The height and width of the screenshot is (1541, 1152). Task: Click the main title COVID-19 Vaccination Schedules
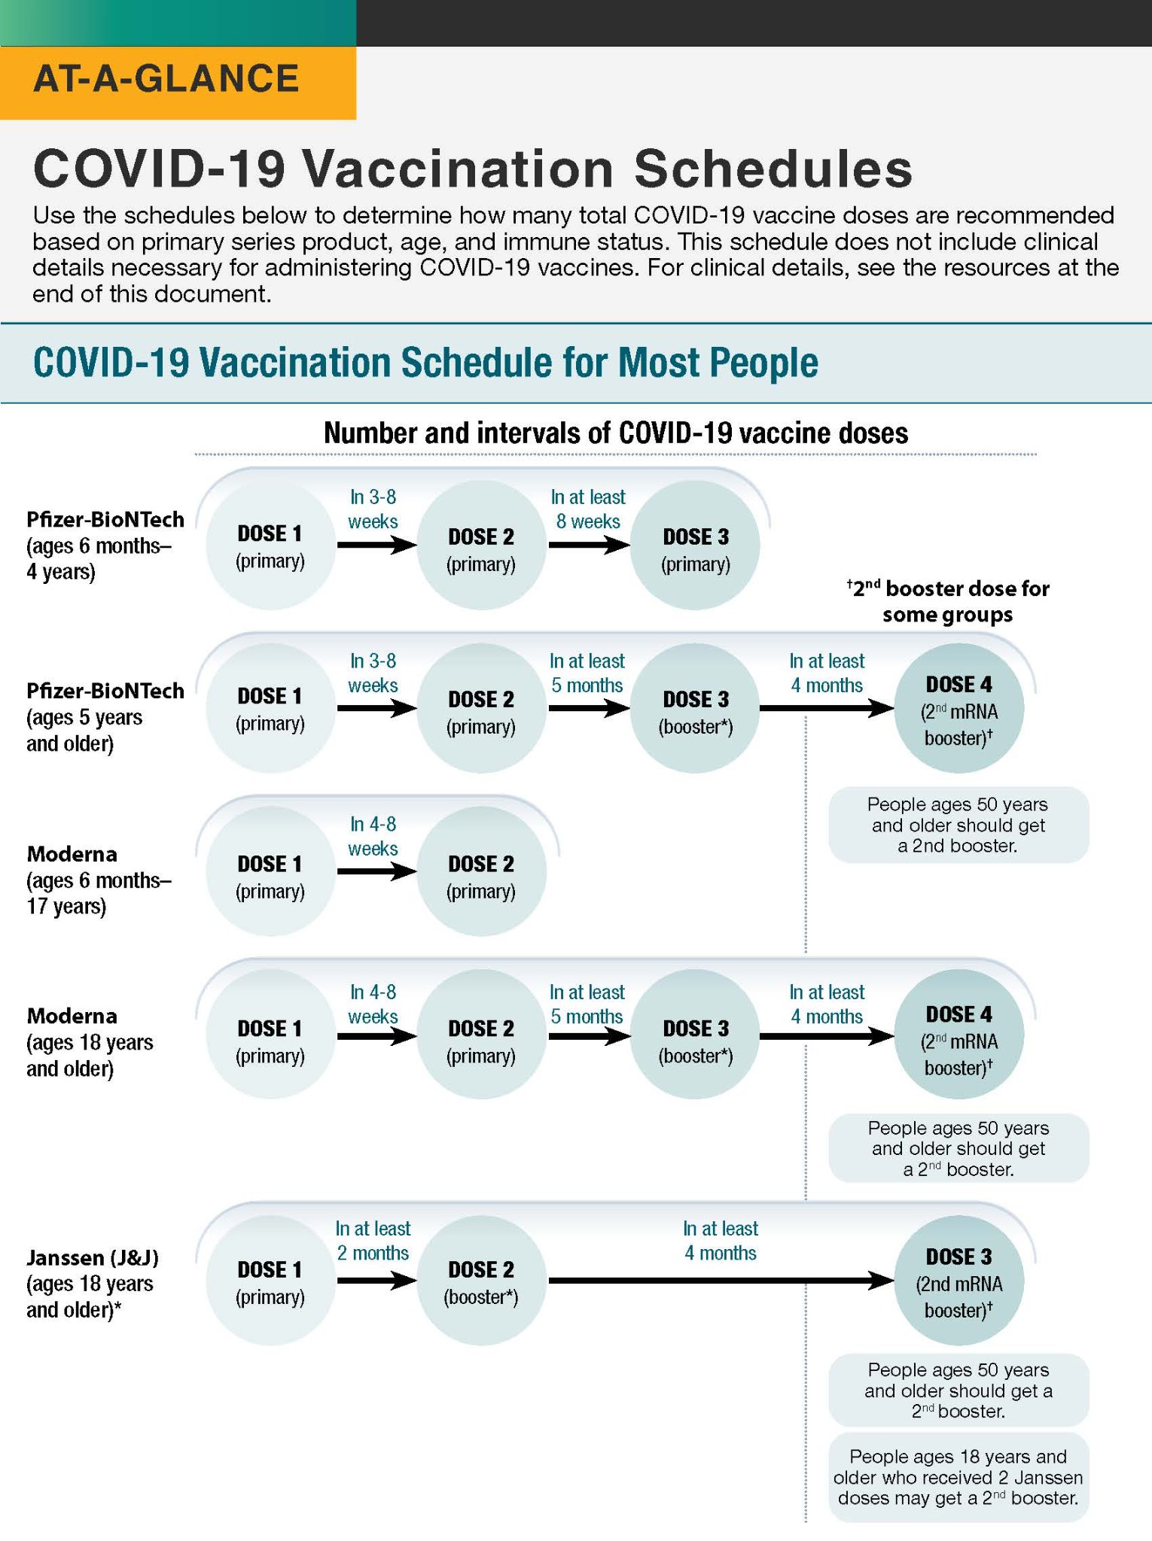tap(473, 169)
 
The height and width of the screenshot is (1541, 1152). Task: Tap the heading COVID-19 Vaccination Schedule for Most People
tap(425, 363)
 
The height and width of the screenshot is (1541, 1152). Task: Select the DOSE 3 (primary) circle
tap(695, 546)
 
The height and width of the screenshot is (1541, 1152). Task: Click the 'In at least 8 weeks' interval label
tap(588, 509)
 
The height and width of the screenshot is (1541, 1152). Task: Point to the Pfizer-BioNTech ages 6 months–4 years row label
tap(105, 546)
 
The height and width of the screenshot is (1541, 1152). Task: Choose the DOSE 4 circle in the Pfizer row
tap(958, 708)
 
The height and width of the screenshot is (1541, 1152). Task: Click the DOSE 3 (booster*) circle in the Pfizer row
tap(695, 708)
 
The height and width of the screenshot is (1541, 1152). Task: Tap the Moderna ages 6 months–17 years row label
tap(99, 880)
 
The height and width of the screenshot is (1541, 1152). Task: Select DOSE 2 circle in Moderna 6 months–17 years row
tap(481, 871)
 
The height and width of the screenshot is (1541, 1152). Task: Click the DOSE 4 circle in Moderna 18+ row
tap(958, 1035)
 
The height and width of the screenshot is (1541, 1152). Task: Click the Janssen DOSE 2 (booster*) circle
tap(481, 1281)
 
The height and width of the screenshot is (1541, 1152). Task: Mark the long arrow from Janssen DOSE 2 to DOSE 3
tap(721, 1280)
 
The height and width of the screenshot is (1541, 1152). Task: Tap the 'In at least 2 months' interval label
tap(373, 1241)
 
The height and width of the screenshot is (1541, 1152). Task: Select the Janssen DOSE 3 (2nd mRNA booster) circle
tap(958, 1281)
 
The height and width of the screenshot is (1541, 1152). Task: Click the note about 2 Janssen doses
tap(958, 1477)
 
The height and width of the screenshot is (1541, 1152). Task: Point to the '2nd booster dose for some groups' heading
tap(948, 601)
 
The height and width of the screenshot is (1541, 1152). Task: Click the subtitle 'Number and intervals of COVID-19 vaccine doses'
tap(616, 433)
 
